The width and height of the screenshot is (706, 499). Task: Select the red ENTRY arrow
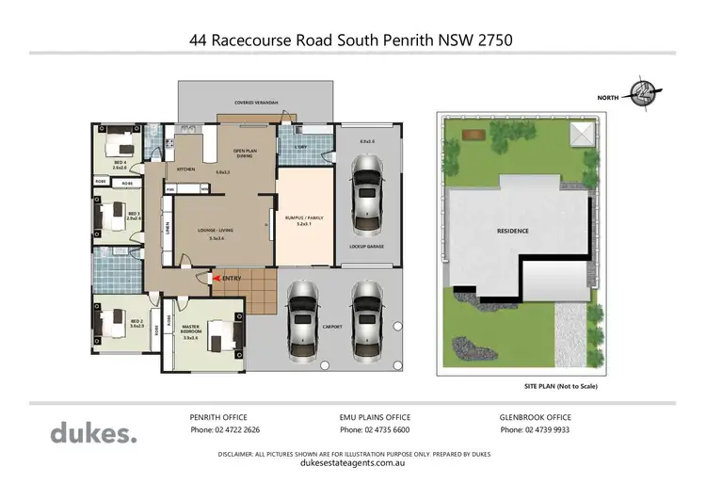tap(219, 279)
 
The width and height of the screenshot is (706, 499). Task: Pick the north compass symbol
tap(644, 93)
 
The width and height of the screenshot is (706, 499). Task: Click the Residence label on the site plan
tap(512, 231)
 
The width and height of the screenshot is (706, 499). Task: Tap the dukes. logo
tap(93, 433)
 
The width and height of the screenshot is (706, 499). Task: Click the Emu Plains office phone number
tap(374, 430)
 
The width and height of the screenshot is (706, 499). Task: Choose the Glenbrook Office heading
tap(535, 416)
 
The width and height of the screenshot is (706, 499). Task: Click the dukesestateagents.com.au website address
tap(352, 463)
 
